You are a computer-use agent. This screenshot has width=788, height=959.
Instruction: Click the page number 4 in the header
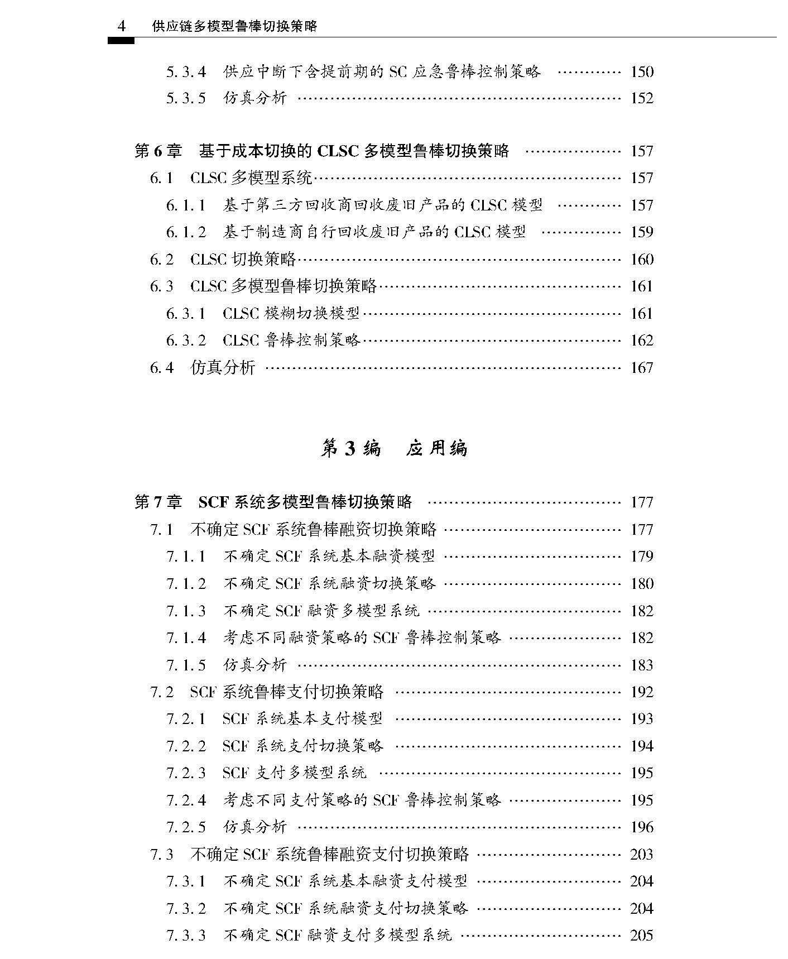(122, 26)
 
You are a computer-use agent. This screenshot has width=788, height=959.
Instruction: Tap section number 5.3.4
(186, 72)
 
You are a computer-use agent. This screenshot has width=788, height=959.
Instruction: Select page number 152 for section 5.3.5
(642, 99)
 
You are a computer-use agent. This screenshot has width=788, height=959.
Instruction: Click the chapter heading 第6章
(158, 151)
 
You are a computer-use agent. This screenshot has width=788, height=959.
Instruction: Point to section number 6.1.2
(186, 232)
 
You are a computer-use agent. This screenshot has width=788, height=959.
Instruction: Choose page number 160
(642, 260)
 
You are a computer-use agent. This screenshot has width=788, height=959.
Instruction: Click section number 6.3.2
(186, 341)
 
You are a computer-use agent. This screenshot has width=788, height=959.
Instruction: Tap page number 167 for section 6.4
(642, 368)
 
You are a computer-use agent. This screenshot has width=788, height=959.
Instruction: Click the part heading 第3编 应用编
(393, 448)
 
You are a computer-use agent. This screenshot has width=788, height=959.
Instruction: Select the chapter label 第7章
(158, 502)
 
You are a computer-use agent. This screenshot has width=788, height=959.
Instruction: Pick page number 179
(642, 557)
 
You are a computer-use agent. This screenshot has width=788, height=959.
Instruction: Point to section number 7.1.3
(186, 611)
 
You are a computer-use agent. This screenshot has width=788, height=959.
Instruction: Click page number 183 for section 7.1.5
(642, 665)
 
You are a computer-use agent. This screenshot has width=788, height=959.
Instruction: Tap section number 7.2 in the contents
(162, 692)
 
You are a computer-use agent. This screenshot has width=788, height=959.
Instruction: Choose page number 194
(642, 746)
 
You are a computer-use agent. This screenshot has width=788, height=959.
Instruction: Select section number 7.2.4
(186, 800)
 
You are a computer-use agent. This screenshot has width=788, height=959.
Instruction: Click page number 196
(642, 827)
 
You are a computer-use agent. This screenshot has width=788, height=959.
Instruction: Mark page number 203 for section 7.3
(642, 855)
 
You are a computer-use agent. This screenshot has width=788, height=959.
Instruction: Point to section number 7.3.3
(186, 935)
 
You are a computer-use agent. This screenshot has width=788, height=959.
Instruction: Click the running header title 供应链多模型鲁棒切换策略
(234, 26)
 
